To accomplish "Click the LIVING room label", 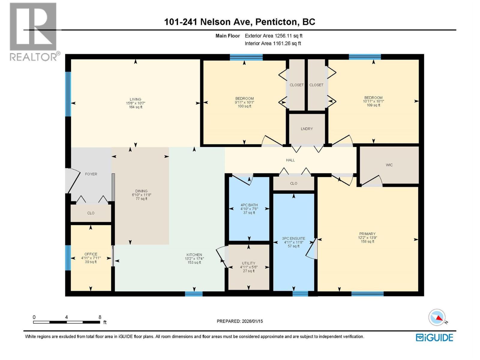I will coord(135,99).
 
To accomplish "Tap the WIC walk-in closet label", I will coord(389,165).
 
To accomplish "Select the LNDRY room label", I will coord(307,129).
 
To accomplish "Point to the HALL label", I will coord(290,160).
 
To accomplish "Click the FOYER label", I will coord(91,174).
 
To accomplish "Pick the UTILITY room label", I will coord(248,263).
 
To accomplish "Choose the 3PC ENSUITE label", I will coord(293,238).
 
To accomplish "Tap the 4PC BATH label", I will coord(249,205).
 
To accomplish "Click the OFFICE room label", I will coord(91,254).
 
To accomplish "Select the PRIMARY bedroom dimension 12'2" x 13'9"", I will coord(367,238).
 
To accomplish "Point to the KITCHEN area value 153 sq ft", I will coord(194,262).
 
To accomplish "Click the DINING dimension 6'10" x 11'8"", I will coord(141,195).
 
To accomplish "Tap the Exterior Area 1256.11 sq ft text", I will coord(273,36).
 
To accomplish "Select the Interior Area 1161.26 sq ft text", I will coord(273,43).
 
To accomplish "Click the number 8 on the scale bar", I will coord(100,317).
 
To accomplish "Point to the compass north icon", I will coord(437,317).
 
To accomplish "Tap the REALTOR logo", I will coord(33,31).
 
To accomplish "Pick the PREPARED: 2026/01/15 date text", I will coord(240,321).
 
